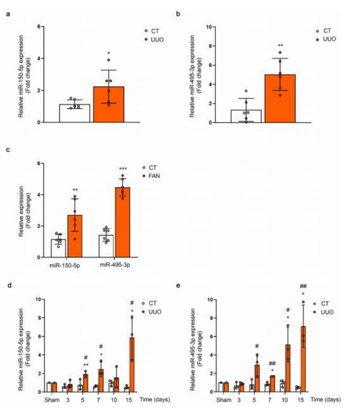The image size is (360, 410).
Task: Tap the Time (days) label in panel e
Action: coord(339,401)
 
